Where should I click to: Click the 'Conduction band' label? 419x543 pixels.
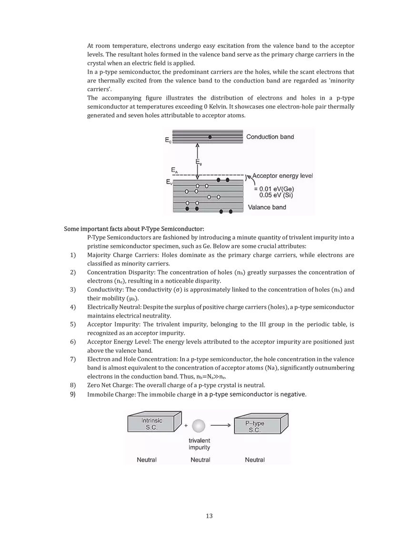[x=270, y=137]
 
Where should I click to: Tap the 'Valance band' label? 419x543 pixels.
[x=267, y=207]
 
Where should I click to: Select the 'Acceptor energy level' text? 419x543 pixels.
[x=282, y=176]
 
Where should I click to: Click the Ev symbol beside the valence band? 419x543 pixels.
[x=169, y=182]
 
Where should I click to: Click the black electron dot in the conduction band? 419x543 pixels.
[x=210, y=137]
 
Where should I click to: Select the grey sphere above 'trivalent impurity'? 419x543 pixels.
[x=199, y=425]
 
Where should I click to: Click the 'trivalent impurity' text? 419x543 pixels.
[x=199, y=444]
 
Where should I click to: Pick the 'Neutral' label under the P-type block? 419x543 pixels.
[x=255, y=460]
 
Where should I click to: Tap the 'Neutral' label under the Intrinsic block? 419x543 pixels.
[x=147, y=460]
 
